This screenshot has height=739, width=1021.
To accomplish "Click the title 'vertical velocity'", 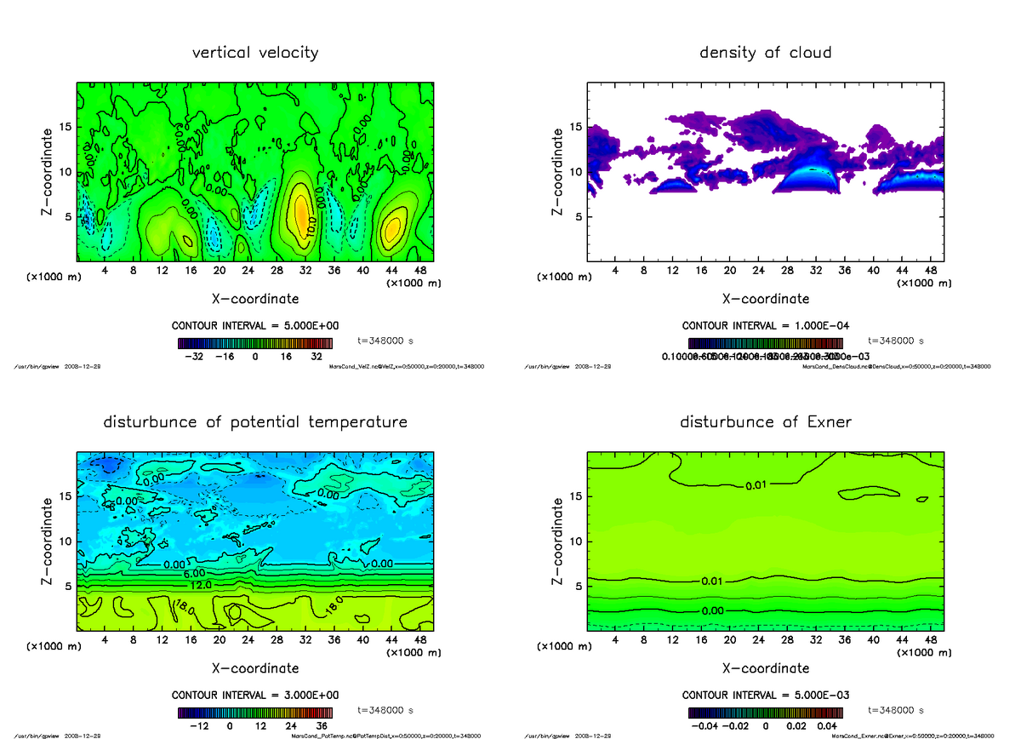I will (255, 53).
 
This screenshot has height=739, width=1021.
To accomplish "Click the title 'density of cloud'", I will (765, 53).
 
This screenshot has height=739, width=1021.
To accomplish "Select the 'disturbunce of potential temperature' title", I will (255, 422).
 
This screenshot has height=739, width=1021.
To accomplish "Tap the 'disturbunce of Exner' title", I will (765, 422).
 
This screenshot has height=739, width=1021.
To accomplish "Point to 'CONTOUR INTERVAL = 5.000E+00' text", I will (255, 326).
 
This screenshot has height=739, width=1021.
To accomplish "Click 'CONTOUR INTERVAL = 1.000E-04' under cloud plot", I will (765, 326).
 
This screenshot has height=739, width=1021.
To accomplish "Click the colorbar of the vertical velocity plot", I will (255, 343).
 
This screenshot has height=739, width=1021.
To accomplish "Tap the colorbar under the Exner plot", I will (765, 713).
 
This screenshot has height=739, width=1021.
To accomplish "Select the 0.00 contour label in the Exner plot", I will (713, 610).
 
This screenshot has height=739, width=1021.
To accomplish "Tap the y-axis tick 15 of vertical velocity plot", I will (65, 128).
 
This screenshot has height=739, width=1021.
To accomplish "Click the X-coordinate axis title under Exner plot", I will (765, 668).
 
